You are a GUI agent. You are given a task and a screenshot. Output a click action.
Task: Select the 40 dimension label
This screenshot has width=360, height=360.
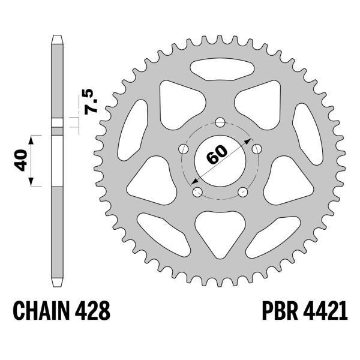(x=22, y=160)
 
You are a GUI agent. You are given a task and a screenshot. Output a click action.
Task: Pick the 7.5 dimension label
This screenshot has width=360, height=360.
(x=89, y=103)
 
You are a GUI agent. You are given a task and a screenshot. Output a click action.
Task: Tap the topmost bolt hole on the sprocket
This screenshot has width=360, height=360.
(x=220, y=122)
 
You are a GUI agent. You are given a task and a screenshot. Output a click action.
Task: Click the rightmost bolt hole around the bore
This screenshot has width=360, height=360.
(x=257, y=148)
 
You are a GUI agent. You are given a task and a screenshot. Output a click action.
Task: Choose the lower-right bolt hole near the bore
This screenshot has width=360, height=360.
(x=243, y=192)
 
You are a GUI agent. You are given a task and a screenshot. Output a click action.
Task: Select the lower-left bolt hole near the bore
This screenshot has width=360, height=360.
(x=197, y=193)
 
